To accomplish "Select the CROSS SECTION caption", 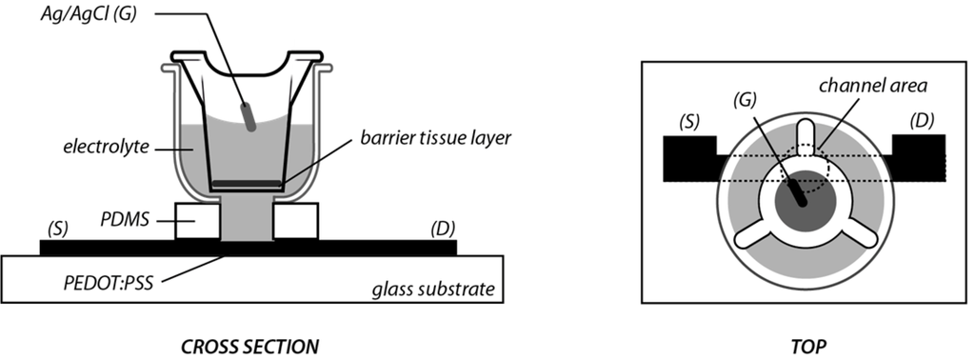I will (249, 344).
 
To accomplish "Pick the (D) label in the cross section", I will (443, 228).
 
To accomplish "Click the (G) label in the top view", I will (748, 100).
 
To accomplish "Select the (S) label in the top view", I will (689, 122).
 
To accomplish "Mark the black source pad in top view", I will (687, 158).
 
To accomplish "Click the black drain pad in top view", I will (919, 157).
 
